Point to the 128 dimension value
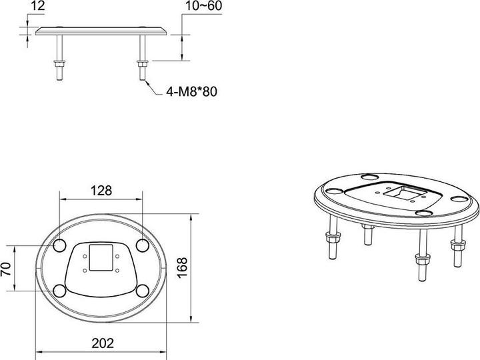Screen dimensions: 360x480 point(100,190)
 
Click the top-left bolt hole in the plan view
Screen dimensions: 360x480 point(59,245)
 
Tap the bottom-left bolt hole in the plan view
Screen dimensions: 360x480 point(59,291)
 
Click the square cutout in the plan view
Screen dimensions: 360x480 point(100,257)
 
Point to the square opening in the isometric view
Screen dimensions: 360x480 point(406,193)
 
